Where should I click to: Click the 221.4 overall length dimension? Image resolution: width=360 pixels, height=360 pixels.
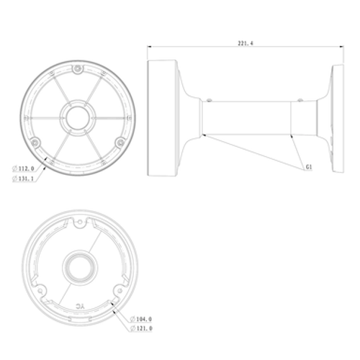(246, 43)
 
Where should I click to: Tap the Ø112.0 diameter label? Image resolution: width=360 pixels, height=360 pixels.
(23, 168)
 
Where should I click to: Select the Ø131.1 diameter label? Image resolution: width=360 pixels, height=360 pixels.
(23, 179)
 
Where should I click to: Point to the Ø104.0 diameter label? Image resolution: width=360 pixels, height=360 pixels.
(141, 319)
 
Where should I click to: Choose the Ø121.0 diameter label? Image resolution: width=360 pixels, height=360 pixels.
(141, 328)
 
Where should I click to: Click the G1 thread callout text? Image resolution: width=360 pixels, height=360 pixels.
(309, 167)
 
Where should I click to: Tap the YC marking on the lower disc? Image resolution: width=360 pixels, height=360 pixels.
(81, 306)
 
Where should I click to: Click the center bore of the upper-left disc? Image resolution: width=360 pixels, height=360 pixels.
(78, 118)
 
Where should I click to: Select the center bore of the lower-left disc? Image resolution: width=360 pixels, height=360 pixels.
(80, 266)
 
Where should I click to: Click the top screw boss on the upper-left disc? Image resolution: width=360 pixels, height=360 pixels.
(78, 69)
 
